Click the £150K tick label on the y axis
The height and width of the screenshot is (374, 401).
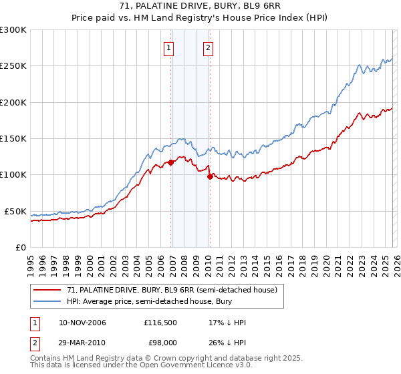click(13, 138)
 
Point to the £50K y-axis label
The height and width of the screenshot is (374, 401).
click(15, 211)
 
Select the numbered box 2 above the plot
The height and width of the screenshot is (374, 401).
click(209, 47)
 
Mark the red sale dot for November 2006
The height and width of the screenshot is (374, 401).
click(171, 162)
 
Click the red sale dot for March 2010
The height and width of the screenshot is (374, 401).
click(210, 176)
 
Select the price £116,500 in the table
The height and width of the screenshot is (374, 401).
click(160, 323)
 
